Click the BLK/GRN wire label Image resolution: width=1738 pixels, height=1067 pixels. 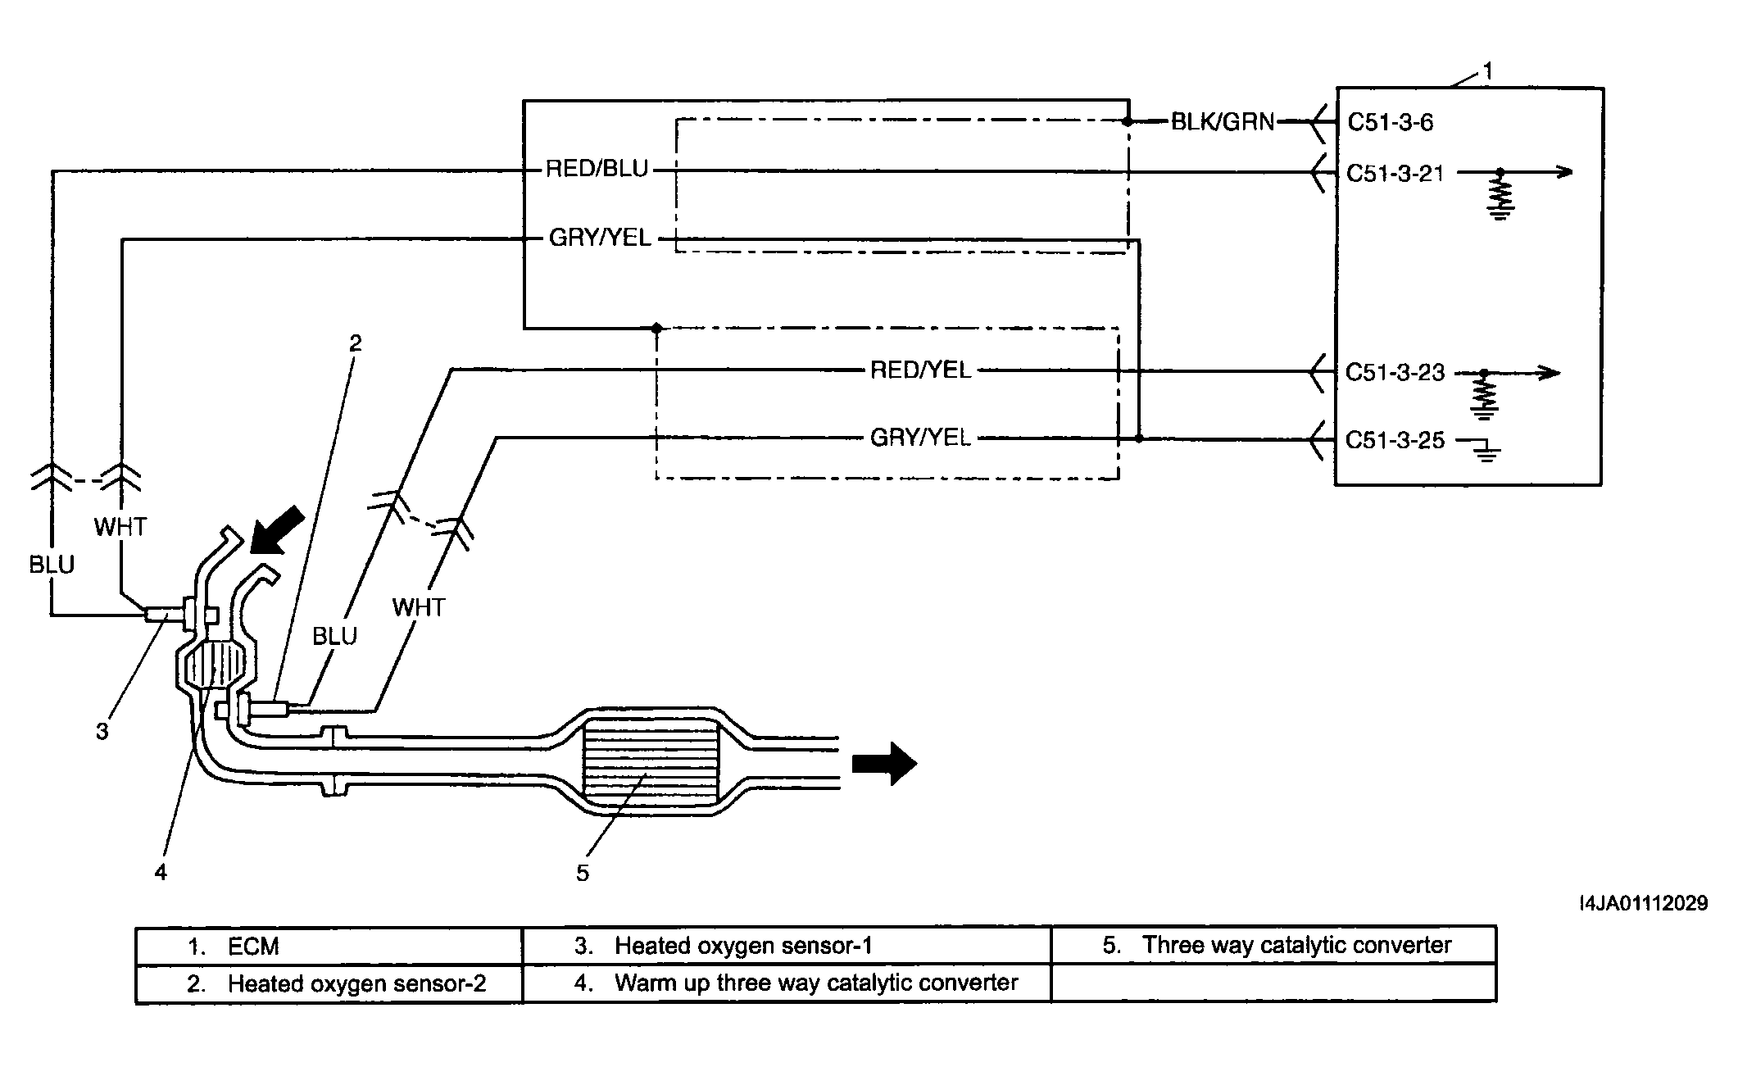pyautogui.click(x=1223, y=122)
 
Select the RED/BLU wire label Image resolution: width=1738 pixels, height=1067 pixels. pyautogui.click(x=597, y=170)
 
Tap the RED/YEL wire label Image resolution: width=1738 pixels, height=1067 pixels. pyautogui.click(x=920, y=370)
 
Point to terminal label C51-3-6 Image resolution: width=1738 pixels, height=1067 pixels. pyautogui.click(x=1391, y=123)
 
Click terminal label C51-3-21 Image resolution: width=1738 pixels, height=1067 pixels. pyautogui.click(x=1395, y=174)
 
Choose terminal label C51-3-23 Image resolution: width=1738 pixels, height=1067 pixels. pyautogui.click(x=1395, y=373)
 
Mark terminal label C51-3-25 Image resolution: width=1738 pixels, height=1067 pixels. pyautogui.click(x=1395, y=441)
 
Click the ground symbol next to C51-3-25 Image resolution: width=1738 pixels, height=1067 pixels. pyautogui.click(x=1485, y=450)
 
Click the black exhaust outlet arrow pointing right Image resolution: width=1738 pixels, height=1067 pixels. pyautogui.click(x=884, y=763)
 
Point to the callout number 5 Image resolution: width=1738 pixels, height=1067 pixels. pyautogui.click(x=582, y=874)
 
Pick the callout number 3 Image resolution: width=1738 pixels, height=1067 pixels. pyautogui.click(x=102, y=732)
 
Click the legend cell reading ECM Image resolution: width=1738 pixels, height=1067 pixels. pyautogui.click(x=329, y=946)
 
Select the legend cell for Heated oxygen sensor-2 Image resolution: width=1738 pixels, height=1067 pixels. pyautogui.click(x=329, y=983)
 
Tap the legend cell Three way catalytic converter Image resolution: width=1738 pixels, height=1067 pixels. pyautogui.click(x=1274, y=946)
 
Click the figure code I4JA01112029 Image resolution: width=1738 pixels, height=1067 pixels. pyautogui.click(x=1644, y=903)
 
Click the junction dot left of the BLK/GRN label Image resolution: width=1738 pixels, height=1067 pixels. pyautogui.click(x=1128, y=122)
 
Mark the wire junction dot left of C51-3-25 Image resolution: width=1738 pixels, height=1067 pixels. pyautogui.click(x=1139, y=438)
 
